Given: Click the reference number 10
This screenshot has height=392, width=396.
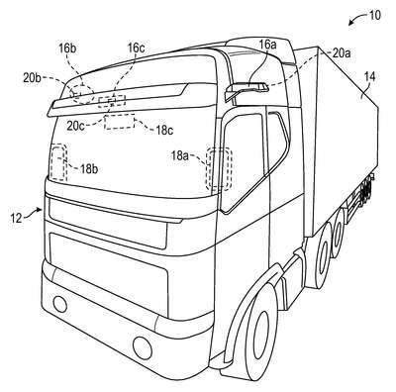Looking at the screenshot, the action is click(x=373, y=15).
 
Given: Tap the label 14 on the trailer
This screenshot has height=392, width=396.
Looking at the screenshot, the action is click(x=370, y=77).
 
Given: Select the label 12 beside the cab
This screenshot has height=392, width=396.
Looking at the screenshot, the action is click(x=16, y=218).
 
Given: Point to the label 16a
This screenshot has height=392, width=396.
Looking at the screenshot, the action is click(x=267, y=45).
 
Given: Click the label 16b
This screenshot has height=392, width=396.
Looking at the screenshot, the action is click(x=67, y=49).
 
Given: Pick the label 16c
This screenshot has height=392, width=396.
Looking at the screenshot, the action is click(x=136, y=49).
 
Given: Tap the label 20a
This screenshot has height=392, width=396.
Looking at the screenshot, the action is click(x=342, y=53).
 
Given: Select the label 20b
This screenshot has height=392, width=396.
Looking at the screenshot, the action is click(x=33, y=78).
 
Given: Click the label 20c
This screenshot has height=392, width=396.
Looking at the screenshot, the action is click(x=76, y=127).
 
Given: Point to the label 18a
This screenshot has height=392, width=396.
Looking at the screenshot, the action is click(x=180, y=155).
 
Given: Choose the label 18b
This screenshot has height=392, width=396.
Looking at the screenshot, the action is click(x=89, y=169).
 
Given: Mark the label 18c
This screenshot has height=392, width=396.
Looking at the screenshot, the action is click(x=165, y=131).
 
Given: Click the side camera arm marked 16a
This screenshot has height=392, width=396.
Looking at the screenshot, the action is click(x=247, y=89).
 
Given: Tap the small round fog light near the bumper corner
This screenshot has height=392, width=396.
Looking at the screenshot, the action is click(x=59, y=304).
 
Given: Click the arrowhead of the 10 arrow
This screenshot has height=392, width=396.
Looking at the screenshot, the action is click(x=350, y=23).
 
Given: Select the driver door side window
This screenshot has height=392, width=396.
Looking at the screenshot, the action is click(x=243, y=161).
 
